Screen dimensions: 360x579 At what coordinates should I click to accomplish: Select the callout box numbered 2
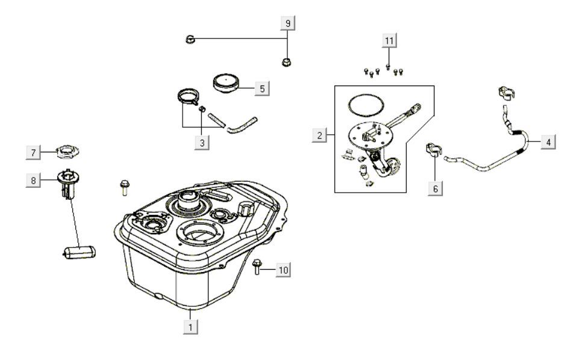click(x=319, y=135)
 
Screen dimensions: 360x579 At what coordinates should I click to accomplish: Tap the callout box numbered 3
click(x=202, y=143)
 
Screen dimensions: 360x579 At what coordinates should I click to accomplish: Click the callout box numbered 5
click(x=261, y=88)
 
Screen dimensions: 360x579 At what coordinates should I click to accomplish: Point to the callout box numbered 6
click(x=435, y=188)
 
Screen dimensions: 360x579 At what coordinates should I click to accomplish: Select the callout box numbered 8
click(x=34, y=179)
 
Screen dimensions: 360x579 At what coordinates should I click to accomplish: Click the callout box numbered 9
click(x=288, y=23)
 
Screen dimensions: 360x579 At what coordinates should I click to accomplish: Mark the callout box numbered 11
click(x=389, y=40)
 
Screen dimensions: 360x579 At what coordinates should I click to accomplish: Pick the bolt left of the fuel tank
click(x=125, y=187)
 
